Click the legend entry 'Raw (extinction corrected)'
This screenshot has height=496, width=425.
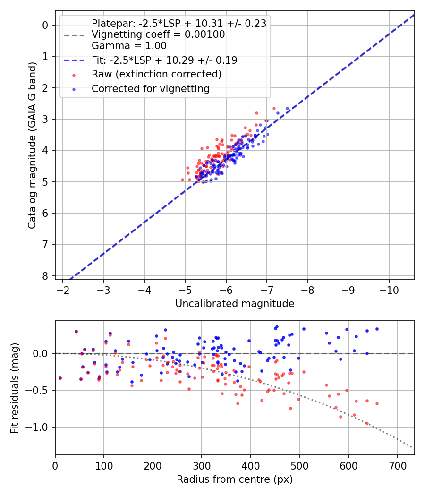click(156, 74)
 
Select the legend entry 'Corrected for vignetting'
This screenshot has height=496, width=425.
click(150, 88)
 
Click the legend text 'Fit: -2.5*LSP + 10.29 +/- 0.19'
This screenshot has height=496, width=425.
click(164, 60)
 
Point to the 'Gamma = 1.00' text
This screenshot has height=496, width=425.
click(129, 46)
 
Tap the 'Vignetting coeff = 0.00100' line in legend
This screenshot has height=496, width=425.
click(158, 34)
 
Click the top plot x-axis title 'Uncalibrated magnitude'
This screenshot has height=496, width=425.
click(235, 304)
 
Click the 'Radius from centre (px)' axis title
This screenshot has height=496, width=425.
click(235, 479)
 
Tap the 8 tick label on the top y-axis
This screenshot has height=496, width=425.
click(45, 276)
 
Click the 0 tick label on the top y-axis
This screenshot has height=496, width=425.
click(45, 25)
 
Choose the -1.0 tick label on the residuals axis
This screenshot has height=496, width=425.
click(38, 427)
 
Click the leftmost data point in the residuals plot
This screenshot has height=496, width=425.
click(60, 378)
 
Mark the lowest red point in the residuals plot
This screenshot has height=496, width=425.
click(367, 423)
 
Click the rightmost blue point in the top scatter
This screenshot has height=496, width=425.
click(287, 109)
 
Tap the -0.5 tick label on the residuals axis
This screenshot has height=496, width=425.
click(38, 390)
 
